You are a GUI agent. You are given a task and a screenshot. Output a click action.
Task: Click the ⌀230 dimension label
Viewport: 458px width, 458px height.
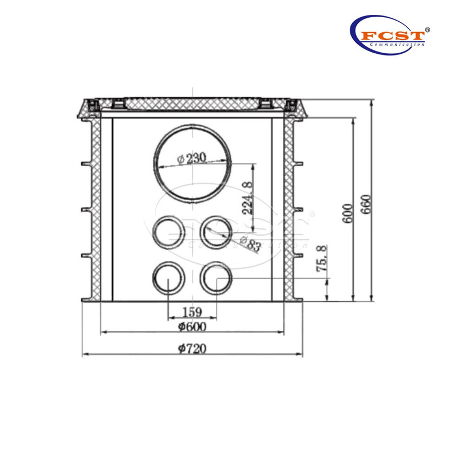(191, 159)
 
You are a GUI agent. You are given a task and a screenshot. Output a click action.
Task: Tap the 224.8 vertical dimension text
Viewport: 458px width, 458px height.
(247, 198)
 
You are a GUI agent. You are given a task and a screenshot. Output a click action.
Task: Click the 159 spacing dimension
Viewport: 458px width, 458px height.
(191, 313)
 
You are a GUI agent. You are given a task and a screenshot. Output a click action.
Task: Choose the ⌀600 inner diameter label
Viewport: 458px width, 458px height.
(192, 327)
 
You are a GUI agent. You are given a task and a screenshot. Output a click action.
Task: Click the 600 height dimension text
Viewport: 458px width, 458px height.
(346, 213)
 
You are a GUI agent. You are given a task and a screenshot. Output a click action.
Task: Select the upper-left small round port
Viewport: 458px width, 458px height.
(168, 232)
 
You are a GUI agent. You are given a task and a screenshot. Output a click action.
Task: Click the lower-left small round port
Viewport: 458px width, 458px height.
(168, 278)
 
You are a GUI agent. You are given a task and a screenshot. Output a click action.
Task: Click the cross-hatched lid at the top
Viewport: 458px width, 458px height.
(192, 105)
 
